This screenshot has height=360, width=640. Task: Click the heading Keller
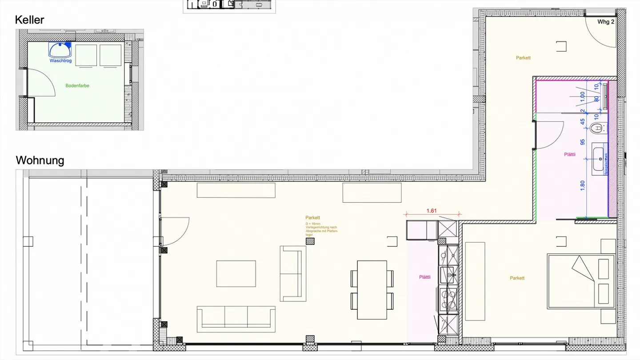[x=30, y=20]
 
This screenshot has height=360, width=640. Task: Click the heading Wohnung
[x=40, y=160]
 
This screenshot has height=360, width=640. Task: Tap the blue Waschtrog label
[x=60, y=61]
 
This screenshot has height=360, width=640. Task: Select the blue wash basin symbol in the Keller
[x=60, y=49]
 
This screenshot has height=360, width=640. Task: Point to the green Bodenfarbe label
[x=77, y=86]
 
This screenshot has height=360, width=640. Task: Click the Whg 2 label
[x=605, y=22]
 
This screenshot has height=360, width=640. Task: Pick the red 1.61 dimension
[x=431, y=211]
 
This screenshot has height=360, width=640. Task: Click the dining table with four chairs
[x=372, y=290]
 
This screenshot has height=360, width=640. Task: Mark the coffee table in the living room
[x=236, y=273]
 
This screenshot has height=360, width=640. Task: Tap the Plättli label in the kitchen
[x=425, y=277]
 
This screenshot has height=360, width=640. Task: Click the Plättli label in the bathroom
[x=570, y=155]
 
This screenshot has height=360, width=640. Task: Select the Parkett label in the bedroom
[x=517, y=278]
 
